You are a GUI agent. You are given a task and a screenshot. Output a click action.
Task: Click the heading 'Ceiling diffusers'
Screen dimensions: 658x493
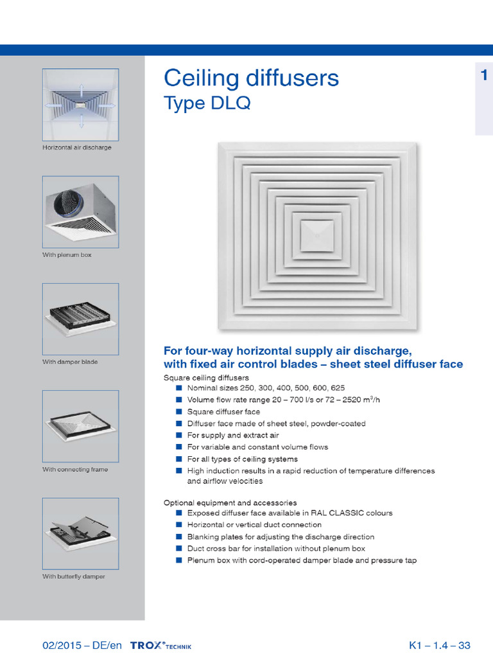(x=251, y=78)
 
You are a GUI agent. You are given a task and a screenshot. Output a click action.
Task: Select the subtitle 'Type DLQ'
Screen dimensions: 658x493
(x=207, y=103)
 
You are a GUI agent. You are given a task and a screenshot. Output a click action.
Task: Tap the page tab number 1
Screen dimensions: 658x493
(x=483, y=76)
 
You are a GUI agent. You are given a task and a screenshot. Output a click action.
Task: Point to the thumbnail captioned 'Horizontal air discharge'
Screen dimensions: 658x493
(x=80, y=105)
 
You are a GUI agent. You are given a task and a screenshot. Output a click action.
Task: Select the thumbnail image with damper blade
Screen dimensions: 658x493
(x=80, y=319)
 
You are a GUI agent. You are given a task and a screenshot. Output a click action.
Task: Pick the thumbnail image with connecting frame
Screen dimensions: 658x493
(x=80, y=426)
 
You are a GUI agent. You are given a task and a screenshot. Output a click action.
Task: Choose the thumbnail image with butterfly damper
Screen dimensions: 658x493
(x=80, y=533)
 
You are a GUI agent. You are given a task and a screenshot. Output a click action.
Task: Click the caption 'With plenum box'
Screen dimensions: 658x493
(x=67, y=255)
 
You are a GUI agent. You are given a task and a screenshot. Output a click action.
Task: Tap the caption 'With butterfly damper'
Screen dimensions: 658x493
(x=73, y=576)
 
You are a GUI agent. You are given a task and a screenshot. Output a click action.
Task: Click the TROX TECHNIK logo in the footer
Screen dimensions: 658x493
(x=160, y=645)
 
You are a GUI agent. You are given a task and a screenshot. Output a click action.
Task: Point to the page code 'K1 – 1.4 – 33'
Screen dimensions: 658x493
(x=440, y=645)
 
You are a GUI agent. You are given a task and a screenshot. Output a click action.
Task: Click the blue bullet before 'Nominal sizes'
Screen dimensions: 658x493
(x=179, y=388)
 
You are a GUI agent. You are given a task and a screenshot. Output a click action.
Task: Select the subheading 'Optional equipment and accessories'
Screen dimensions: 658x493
(x=230, y=502)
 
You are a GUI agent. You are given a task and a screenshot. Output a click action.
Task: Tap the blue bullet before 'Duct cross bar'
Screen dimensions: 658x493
(x=179, y=549)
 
